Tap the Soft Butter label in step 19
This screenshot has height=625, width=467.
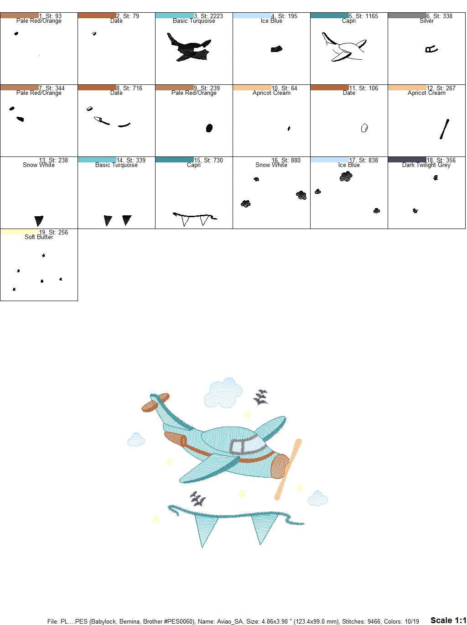point(39,237)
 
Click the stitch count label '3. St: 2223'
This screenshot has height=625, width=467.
point(208,16)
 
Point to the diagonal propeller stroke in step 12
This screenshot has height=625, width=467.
point(445,129)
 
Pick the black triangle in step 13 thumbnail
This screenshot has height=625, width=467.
point(39,221)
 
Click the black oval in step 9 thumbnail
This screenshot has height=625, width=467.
point(209,128)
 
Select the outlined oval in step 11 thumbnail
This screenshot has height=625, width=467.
point(364,128)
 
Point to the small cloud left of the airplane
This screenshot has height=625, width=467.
point(136,440)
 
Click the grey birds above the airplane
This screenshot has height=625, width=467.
point(261,397)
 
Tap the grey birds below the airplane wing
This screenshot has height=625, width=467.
point(197,499)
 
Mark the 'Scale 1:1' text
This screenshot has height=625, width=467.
point(448,620)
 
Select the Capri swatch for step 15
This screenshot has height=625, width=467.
point(174,160)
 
